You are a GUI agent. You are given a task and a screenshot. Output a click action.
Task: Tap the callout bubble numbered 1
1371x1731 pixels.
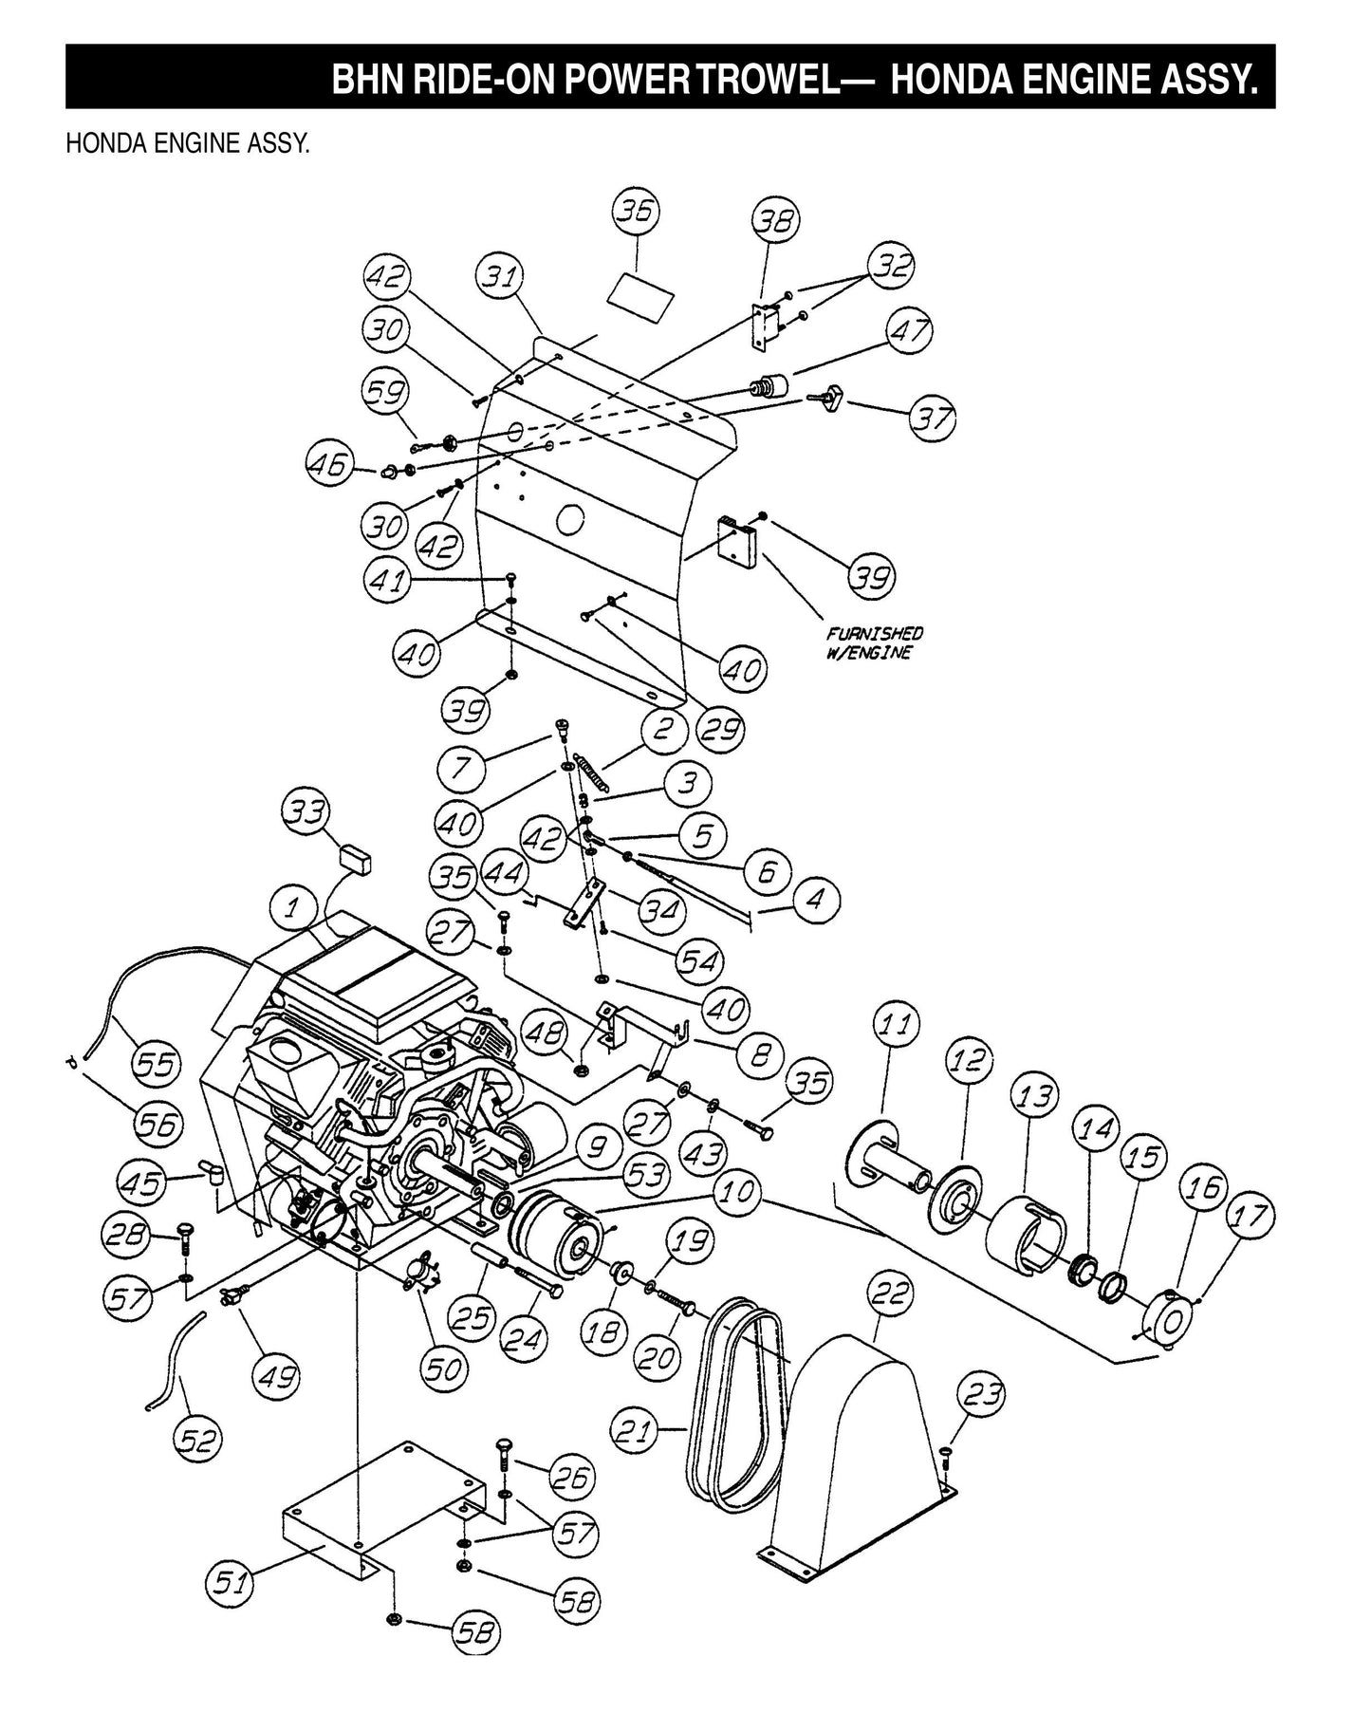pyautogui.click(x=294, y=908)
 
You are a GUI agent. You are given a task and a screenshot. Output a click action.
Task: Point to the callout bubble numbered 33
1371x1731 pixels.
pyautogui.click(x=306, y=813)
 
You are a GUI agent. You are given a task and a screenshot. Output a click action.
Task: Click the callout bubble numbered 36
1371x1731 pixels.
pyautogui.click(x=636, y=213)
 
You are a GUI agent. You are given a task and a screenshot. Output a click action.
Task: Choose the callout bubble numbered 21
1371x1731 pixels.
pyautogui.click(x=636, y=1431)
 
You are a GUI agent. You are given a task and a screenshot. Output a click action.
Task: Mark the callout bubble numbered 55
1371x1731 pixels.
pyautogui.click(x=155, y=1063)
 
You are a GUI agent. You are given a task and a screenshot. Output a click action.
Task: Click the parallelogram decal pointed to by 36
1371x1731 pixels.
pyautogui.click(x=642, y=288)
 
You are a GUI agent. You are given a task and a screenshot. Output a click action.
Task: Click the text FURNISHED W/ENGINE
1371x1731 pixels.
pyautogui.click(x=874, y=642)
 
